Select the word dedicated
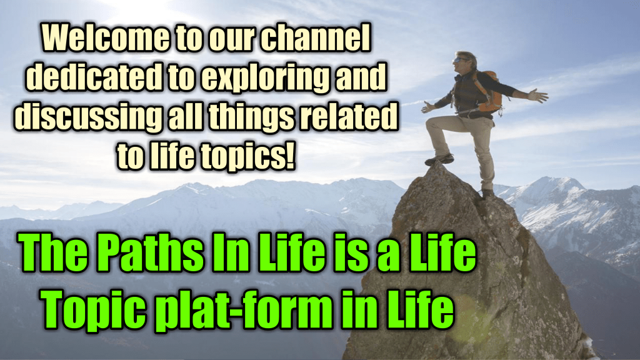(96, 77)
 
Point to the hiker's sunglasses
(461, 60)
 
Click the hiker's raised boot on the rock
(439, 159)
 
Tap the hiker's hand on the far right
(538, 96)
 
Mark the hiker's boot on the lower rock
(487, 193)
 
